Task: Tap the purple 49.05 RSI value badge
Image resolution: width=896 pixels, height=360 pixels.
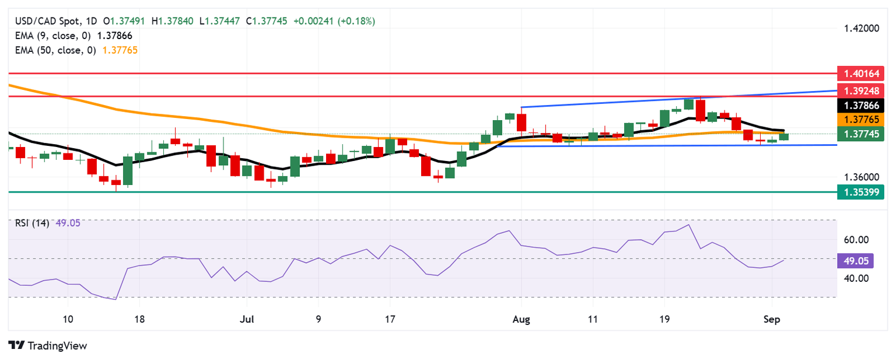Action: pyautogui.click(x=855, y=261)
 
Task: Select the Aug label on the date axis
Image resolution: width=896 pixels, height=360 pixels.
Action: pyautogui.click(x=521, y=319)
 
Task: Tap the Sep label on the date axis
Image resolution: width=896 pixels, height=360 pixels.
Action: pyautogui.click(x=772, y=319)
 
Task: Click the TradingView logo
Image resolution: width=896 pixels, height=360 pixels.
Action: pyautogui.click(x=48, y=345)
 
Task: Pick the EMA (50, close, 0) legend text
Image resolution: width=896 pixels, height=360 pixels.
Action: pyautogui.click(x=52, y=50)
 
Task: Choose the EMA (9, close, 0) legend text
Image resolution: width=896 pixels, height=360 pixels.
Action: pyautogui.click(x=50, y=36)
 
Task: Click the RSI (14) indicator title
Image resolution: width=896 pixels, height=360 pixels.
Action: pyautogui.click(x=32, y=222)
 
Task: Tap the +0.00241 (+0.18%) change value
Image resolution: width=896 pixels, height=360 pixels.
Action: pyautogui.click(x=334, y=21)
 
